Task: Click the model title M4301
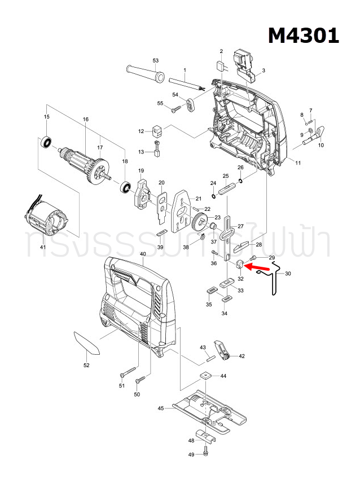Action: [x=303, y=35]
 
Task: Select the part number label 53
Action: [x=156, y=60]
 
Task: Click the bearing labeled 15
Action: [x=46, y=142]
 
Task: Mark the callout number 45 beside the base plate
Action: [x=161, y=408]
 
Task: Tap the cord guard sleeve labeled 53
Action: [x=144, y=74]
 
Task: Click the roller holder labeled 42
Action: [x=223, y=350]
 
